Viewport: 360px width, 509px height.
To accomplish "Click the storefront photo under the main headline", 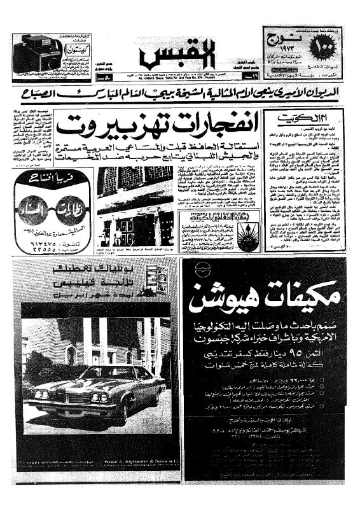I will click(135, 207).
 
